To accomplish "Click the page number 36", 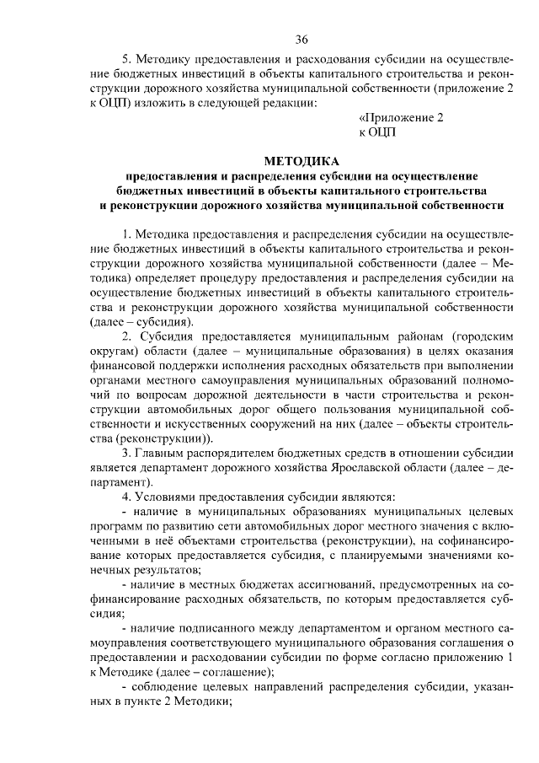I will [x=301, y=40].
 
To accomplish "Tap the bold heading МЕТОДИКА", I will [x=301, y=160].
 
